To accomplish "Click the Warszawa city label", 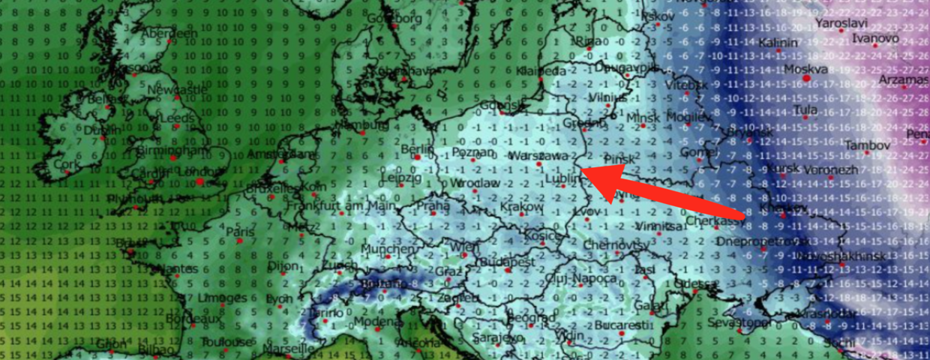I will tap(538, 156).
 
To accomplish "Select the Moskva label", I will tap(805, 69).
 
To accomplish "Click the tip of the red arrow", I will tap(583, 172).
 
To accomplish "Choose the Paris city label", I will tap(241, 232).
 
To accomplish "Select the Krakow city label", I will tap(520, 206).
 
